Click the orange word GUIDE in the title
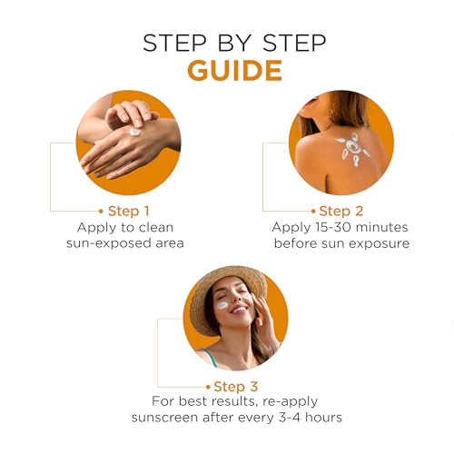pyautogui.click(x=235, y=71)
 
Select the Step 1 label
pyautogui.click(x=129, y=211)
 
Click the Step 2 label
pyautogui.click(x=341, y=211)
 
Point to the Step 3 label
pyautogui.click(x=236, y=387)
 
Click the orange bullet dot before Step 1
pyautogui.click(x=101, y=212)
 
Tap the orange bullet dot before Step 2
pyautogui.click(x=313, y=212)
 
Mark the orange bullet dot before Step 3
pyautogui.click(x=208, y=387)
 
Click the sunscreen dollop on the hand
pyautogui.click(x=135, y=133)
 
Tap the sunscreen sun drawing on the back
pyautogui.click(x=353, y=149)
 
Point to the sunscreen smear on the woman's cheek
pyautogui.click(x=222, y=305)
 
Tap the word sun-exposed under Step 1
pyautogui.click(x=108, y=243)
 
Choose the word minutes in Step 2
pyautogui.click(x=382, y=227)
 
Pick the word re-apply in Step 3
pyautogui.click(x=291, y=402)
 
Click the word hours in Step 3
pyautogui.click(x=323, y=417)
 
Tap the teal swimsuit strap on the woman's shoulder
pyautogui.click(x=212, y=358)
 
